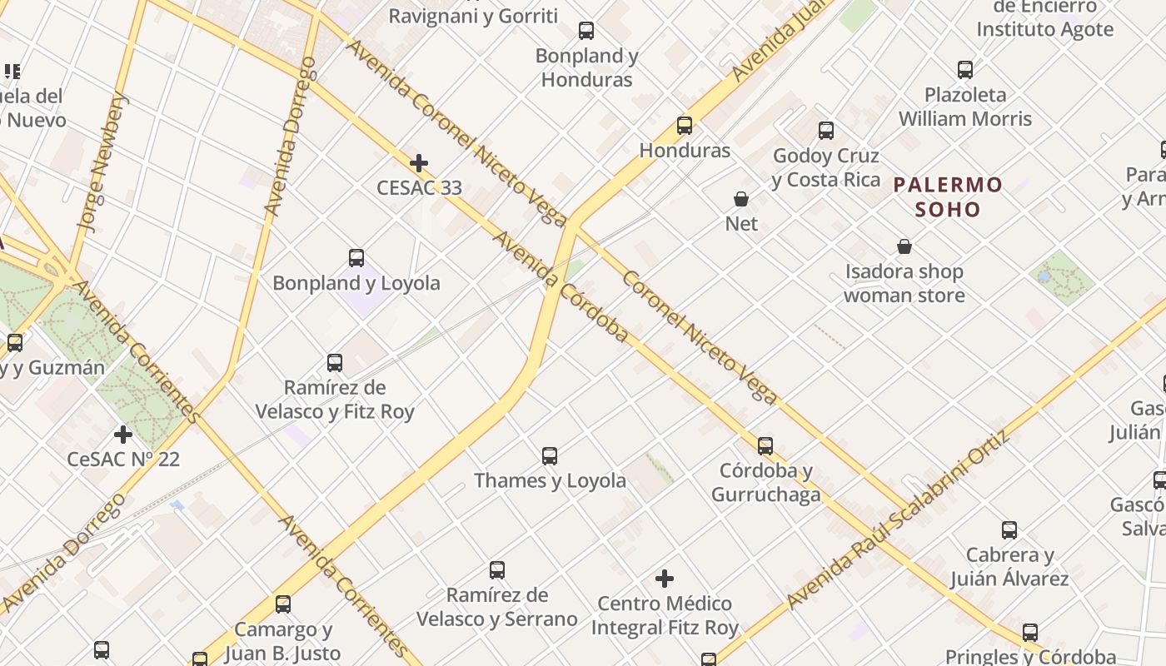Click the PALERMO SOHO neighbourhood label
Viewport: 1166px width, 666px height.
click(x=948, y=196)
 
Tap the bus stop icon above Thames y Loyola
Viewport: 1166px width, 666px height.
click(x=550, y=456)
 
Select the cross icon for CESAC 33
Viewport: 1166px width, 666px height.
click(x=419, y=163)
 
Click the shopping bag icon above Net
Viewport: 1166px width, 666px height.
click(x=741, y=199)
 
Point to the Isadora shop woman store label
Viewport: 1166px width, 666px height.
click(x=904, y=283)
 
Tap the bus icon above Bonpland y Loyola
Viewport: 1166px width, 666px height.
click(x=356, y=258)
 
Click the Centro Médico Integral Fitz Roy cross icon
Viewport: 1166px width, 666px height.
click(x=665, y=579)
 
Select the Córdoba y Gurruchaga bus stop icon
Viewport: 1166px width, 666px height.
click(x=765, y=446)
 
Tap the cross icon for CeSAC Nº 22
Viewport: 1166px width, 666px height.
click(x=123, y=435)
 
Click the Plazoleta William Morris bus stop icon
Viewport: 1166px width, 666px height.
click(x=965, y=70)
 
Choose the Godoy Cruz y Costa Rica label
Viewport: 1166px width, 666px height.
click(x=825, y=167)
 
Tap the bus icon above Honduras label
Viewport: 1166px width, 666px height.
click(x=685, y=126)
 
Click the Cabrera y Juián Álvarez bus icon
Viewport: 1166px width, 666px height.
click(x=1009, y=530)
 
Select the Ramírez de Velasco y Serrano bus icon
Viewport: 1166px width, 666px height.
click(x=497, y=570)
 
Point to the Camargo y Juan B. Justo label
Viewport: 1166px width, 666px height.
click(x=282, y=641)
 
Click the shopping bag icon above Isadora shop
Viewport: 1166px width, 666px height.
click(x=904, y=247)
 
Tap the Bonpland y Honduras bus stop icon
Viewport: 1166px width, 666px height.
click(x=586, y=32)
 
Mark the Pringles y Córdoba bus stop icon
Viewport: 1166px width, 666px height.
click(x=1030, y=633)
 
